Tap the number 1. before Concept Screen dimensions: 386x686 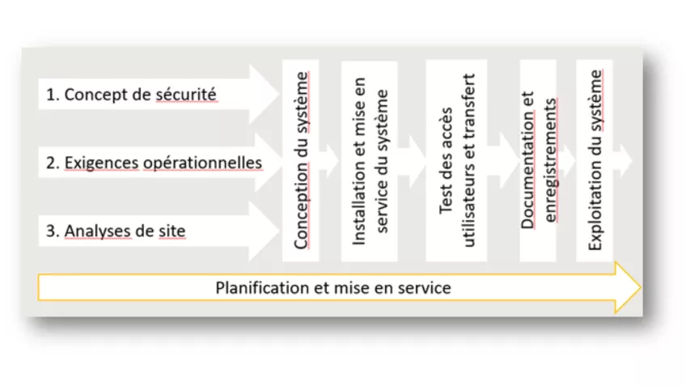click(x=53, y=94)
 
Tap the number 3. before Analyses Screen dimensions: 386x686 click(x=53, y=231)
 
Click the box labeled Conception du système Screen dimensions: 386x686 click(x=301, y=160)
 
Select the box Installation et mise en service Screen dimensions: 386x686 click(x=370, y=160)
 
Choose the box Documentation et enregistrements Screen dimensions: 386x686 click(x=539, y=160)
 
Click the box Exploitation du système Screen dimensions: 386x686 click(x=595, y=160)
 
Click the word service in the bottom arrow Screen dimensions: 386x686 click(x=426, y=288)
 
